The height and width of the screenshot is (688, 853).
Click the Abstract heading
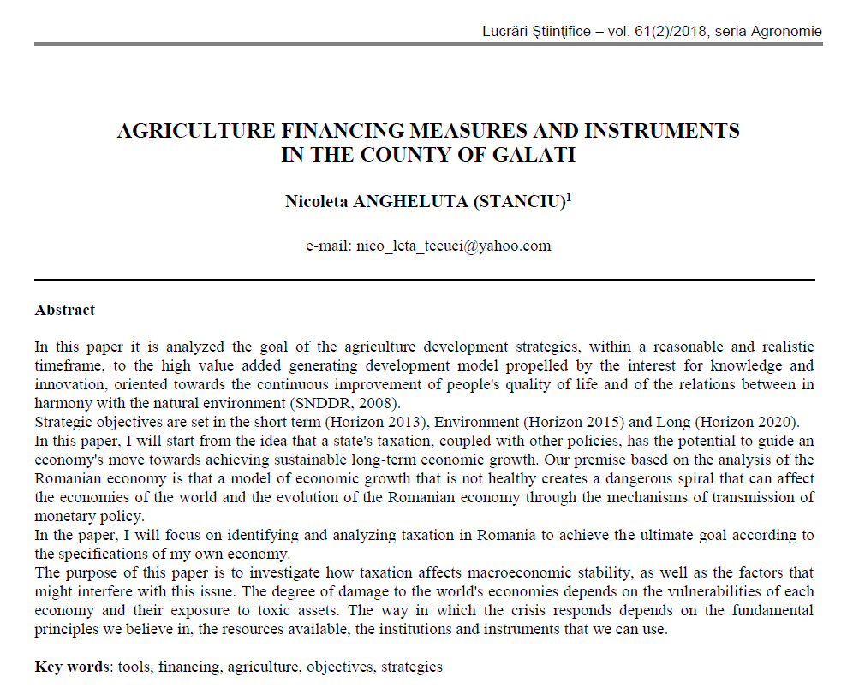65,310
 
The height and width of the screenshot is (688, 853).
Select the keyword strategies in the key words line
412,667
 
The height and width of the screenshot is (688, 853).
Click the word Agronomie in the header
785,32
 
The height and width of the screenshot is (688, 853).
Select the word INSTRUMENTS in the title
662,131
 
